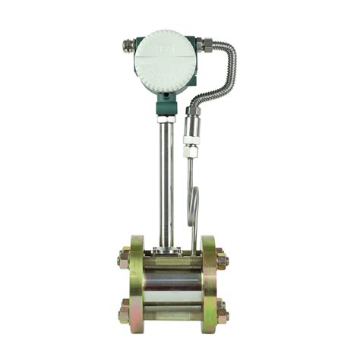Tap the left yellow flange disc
coord(137,286)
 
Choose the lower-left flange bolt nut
coord(123,311)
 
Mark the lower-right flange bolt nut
coord(222,311)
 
